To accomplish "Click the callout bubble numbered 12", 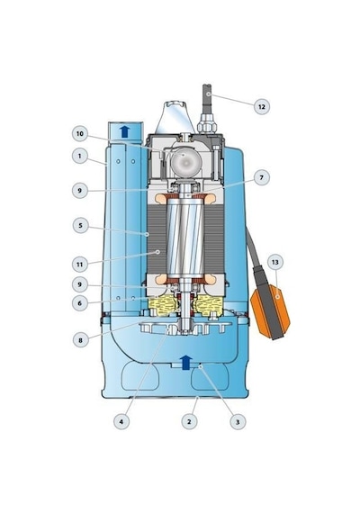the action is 262,107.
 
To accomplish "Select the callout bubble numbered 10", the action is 80,134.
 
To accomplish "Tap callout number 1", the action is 79,156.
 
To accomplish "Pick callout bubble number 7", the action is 262,177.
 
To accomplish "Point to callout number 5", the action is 80,225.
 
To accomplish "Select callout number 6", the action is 79,303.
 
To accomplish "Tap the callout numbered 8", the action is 80,340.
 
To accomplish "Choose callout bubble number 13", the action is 275,262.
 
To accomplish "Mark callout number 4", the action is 121,422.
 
